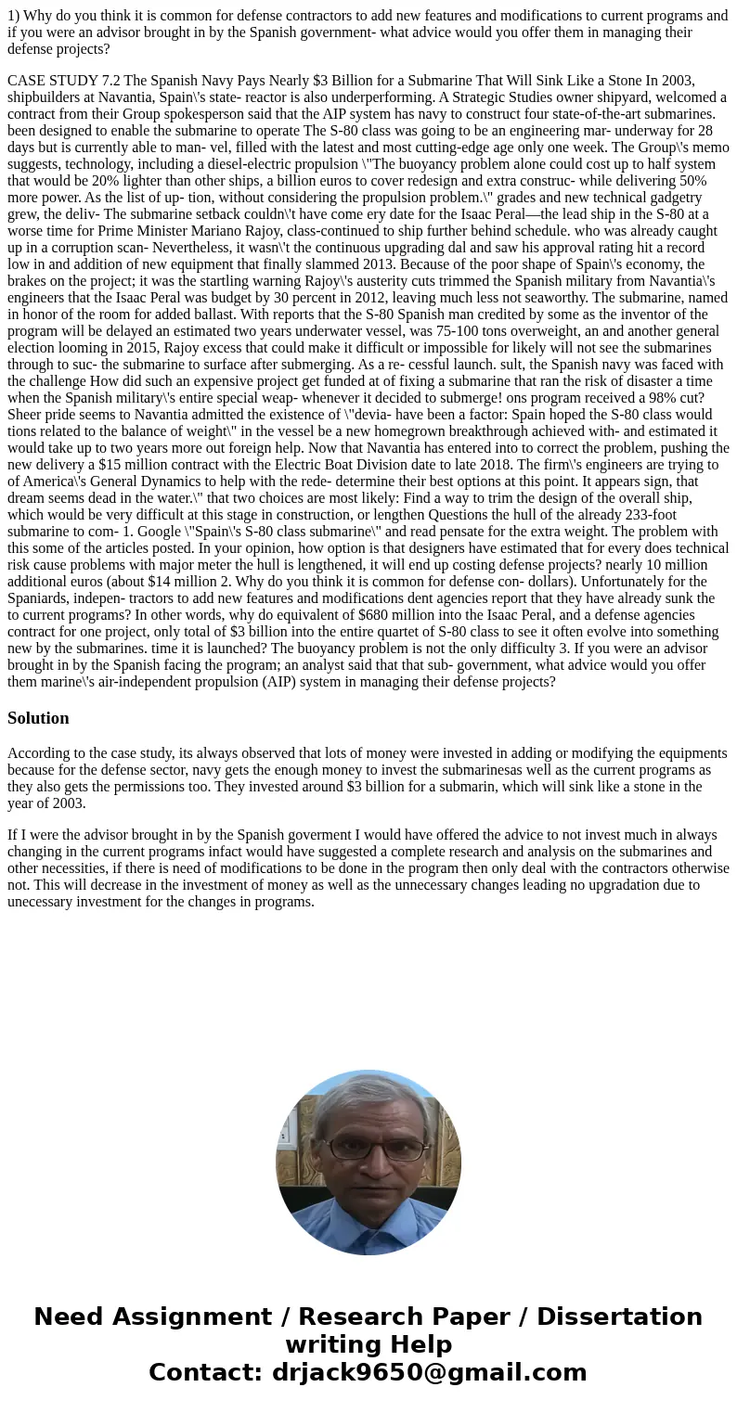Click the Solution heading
[x=38, y=718]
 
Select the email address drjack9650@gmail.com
[x=430, y=1372]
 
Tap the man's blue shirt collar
[x=368, y=1206]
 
